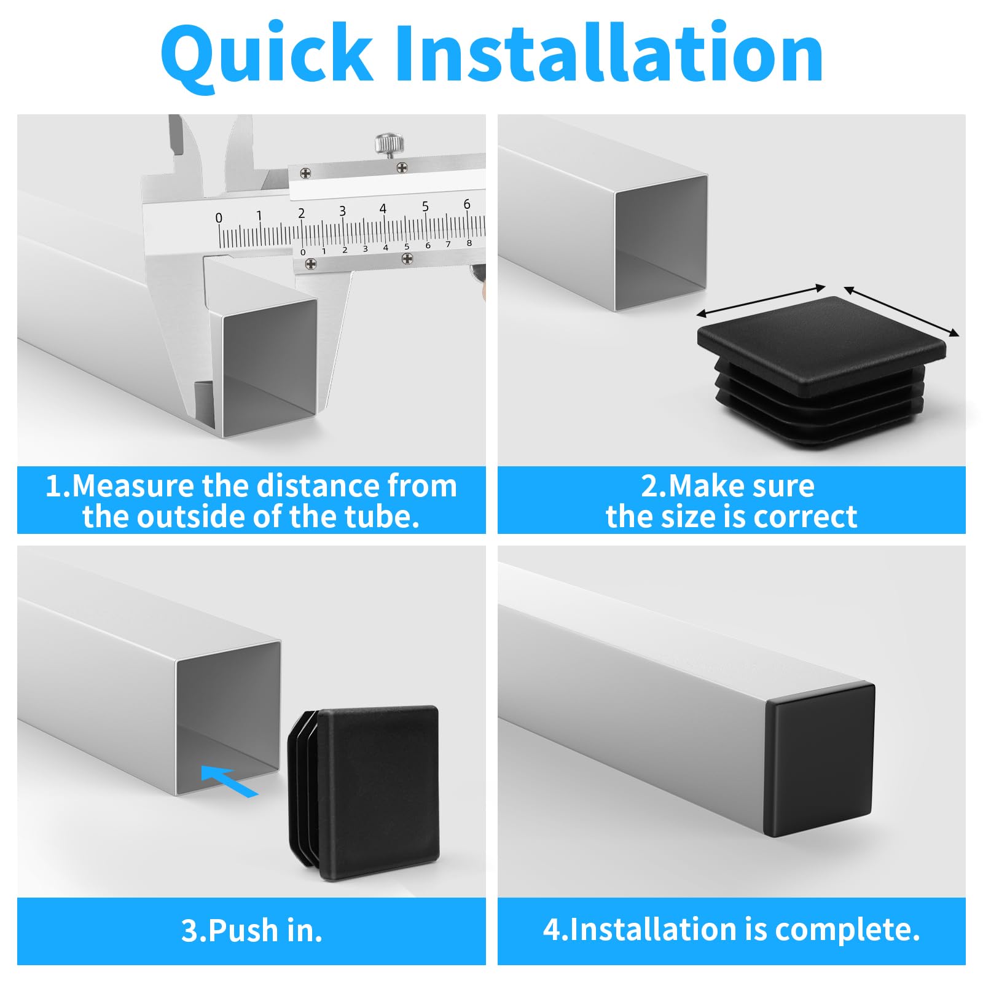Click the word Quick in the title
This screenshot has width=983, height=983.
pos(267,54)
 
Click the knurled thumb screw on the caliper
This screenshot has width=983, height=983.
pos(390,145)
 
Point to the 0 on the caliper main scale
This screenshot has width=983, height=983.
pos(219,217)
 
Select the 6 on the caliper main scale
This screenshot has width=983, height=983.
pos(467,203)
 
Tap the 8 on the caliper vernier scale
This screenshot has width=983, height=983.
pos(469,243)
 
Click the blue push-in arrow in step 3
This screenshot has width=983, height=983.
pos(229,781)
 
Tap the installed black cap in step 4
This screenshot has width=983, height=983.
pos(820,760)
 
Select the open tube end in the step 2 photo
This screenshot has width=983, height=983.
pos(661,243)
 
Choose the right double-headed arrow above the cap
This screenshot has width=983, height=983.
pos(901,311)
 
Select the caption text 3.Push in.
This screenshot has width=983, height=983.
pos(252,930)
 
